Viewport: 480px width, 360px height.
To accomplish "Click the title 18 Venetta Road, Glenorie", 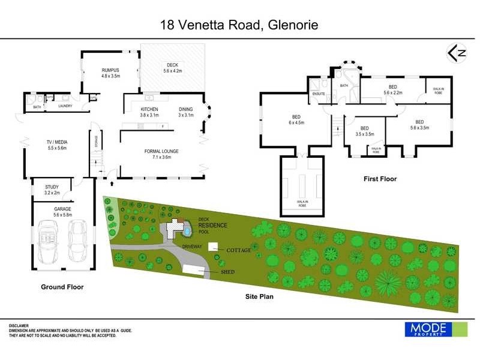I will click(239, 25).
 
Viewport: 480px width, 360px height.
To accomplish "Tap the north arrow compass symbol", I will click(457, 53).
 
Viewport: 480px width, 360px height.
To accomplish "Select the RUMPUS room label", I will click(110, 73).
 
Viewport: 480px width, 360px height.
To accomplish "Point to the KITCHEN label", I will click(149, 112).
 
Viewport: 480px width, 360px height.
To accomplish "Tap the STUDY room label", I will click(52, 190).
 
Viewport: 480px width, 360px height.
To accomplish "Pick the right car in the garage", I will click(78, 240).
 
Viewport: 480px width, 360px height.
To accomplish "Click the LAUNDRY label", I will click(65, 106).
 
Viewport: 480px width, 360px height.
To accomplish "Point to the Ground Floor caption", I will click(62, 287).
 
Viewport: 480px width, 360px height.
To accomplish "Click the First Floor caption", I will click(380, 179).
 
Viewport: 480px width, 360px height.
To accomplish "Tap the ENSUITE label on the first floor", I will click(317, 94).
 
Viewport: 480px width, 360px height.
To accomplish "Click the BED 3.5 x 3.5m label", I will click(364, 131).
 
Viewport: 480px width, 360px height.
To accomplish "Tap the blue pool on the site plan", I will click(188, 229).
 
